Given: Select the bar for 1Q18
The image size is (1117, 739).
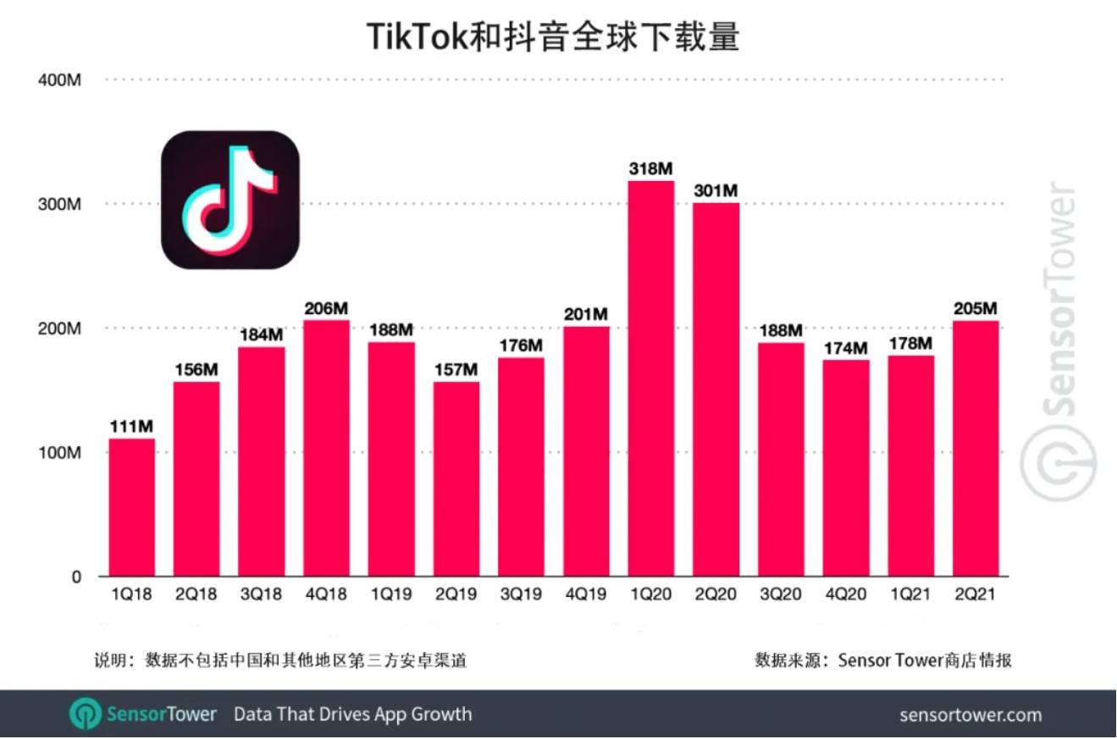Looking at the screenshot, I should tap(132, 507).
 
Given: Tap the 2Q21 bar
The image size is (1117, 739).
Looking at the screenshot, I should tap(976, 449).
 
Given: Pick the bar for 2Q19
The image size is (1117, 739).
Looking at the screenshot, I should tap(456, 479).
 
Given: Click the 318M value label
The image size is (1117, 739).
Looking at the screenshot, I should tap(651, 169).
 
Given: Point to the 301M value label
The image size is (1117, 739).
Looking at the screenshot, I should tap(716, 190).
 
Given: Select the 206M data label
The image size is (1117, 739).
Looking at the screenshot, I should tap(327, 308).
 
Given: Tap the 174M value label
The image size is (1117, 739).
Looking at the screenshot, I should tap(846, 348).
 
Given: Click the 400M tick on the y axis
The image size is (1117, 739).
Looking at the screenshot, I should tap(59, 80).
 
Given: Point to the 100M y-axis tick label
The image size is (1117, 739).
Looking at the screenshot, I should tap(59, 453).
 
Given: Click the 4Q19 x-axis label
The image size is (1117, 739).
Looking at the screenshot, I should tap(586, 595).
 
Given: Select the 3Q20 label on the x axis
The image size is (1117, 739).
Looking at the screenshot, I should tap(781, 595).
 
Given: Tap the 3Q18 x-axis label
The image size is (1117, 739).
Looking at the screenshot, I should tap(262, 595).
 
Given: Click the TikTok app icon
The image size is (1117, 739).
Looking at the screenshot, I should tap(230, 200).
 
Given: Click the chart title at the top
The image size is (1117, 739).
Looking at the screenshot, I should tap(552, 36).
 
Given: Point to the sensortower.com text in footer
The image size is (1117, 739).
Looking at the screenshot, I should tap(970, 715).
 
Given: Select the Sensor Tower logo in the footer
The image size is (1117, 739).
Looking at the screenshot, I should tap(143, 714).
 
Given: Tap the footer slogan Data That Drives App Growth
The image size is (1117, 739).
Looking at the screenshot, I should tap(352, 714).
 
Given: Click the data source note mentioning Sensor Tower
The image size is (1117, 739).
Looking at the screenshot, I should tap(883, 660).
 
